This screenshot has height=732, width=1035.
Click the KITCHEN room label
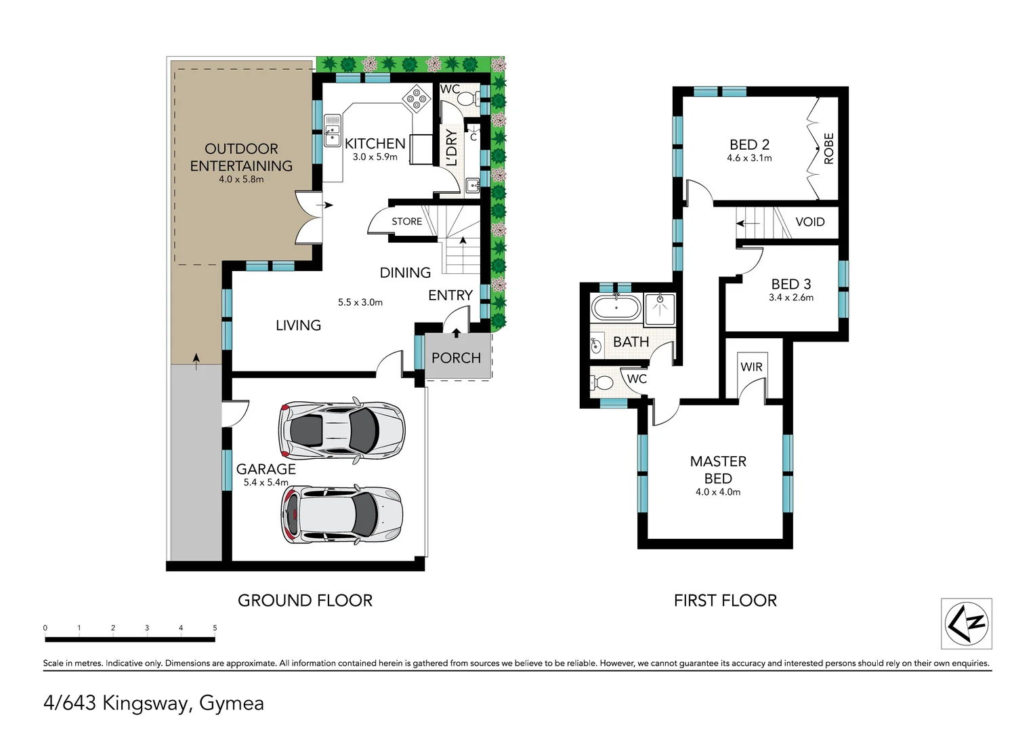point(375,144)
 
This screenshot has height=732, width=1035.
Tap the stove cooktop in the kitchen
point(417,100)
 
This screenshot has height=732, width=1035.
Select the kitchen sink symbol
point(332,130)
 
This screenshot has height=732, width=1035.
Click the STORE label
point(406,222)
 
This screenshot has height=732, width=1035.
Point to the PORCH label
point(456,358)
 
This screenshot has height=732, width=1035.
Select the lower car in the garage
point(341,514)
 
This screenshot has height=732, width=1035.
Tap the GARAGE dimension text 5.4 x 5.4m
point(266,483)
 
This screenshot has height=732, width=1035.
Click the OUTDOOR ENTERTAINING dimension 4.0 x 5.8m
point(241,180)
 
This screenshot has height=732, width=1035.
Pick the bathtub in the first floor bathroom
point(616,308)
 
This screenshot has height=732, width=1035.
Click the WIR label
point(751,367)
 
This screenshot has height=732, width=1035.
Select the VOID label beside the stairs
point(809,222)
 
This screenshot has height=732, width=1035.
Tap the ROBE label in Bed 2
point(828,148)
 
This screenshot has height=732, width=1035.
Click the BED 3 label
point(790,285)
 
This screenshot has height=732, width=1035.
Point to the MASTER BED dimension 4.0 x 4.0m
point(717,492)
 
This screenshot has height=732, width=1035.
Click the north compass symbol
point(967,624)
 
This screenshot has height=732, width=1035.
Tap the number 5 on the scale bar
point(215,628)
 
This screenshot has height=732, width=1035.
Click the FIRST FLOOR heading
point(725,601)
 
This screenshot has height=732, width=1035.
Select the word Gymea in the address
point(231,704)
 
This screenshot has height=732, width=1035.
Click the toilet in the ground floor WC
point(467,99)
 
